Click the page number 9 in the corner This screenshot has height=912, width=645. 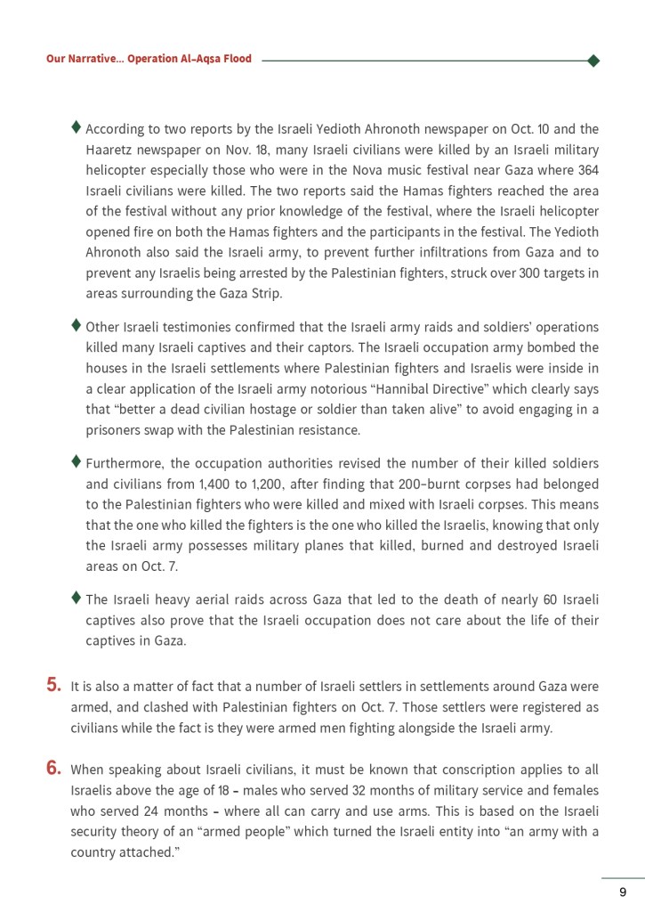[x=623, y=892]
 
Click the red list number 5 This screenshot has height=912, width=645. [x=53, y=686]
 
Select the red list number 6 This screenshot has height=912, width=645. [x=53, y=768]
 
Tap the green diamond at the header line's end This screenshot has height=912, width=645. [x=593, y=61]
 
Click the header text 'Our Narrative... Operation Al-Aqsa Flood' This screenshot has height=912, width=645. [x=149, y=59]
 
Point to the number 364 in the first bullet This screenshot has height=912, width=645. [x=588, y=169]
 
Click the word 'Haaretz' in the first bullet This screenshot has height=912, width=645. [x=109, y=149]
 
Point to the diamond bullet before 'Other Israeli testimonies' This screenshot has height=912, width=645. [x=77, y=325]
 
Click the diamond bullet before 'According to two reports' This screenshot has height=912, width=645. [x=77, y=127]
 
